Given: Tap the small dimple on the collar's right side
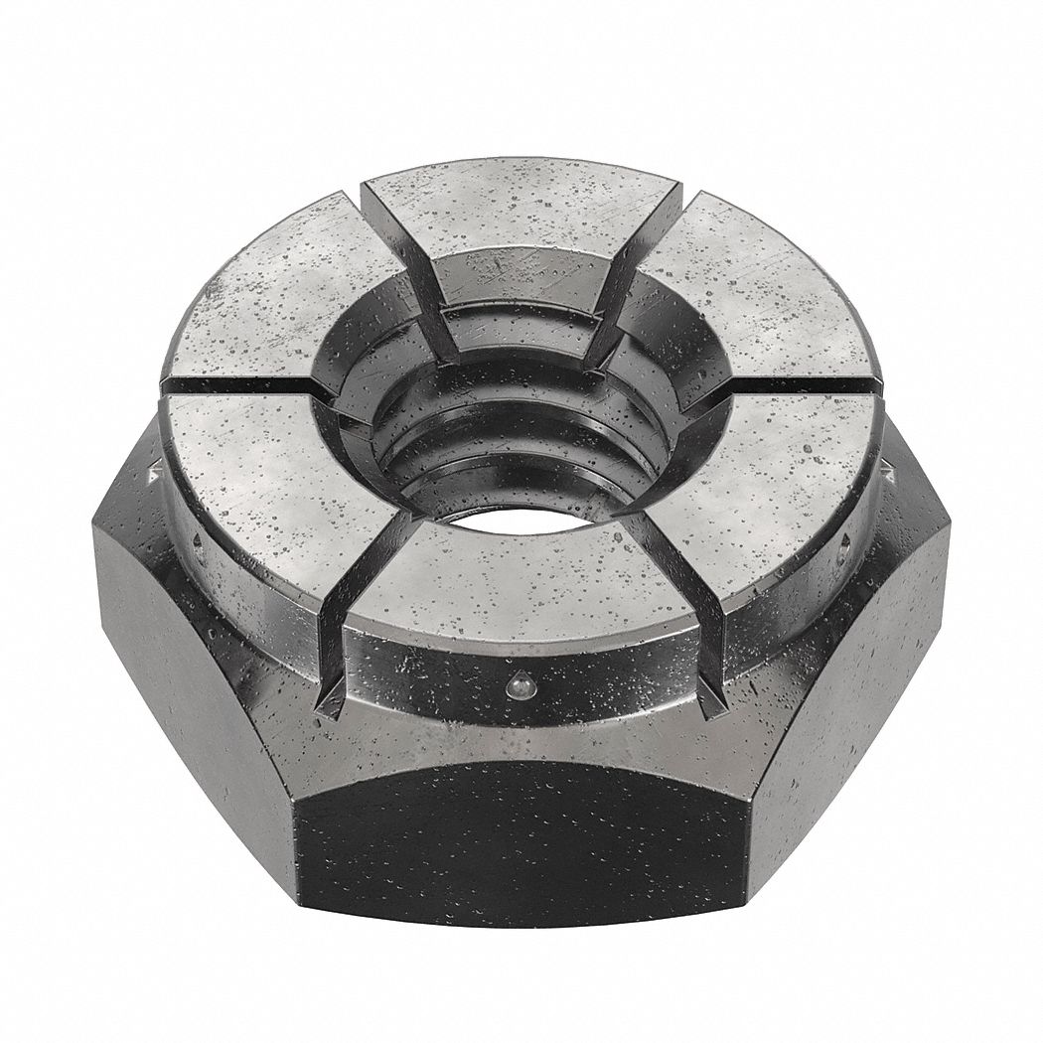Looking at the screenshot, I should [845, 541].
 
